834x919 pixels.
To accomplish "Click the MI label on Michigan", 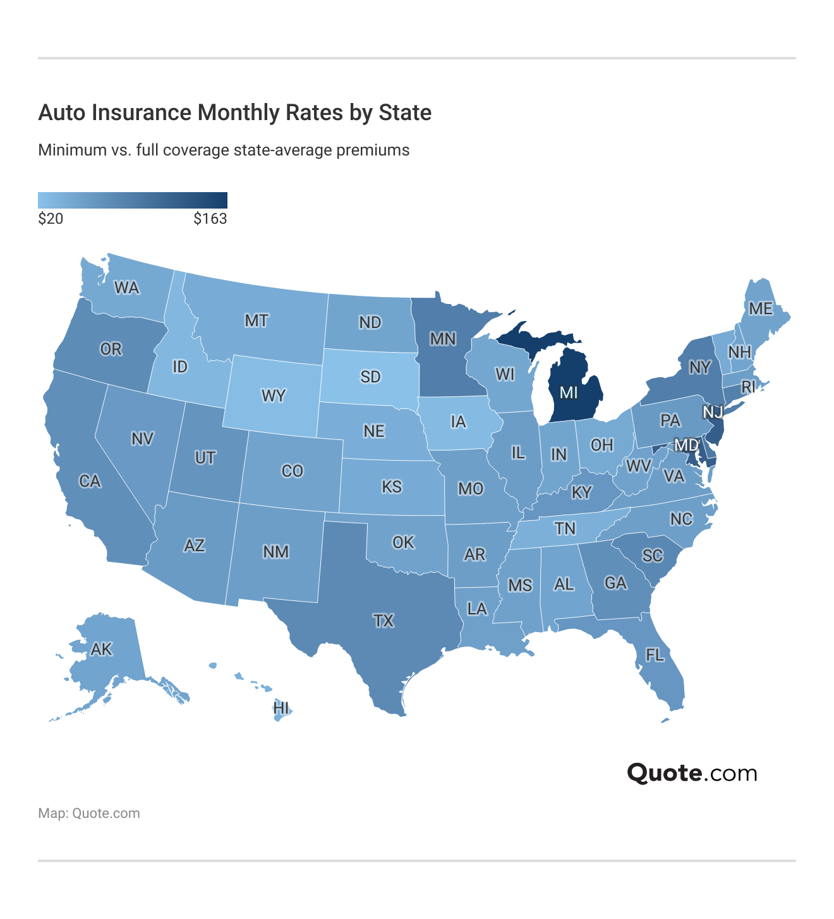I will (569, 393).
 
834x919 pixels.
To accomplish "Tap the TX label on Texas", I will (384, 621).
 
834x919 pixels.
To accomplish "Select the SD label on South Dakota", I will (370, 377).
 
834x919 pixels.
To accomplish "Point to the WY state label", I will (274, 396).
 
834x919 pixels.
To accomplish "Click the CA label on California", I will (90, 482).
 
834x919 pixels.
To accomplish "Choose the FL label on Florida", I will (655, 655).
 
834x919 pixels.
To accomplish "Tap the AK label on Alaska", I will (101, 649).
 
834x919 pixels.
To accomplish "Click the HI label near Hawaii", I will (281, 708).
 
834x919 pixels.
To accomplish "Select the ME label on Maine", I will (760, 308).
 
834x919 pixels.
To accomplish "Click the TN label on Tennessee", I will (565, 528).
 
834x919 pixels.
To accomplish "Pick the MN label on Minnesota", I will (443, 339).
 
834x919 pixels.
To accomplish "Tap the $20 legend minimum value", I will (51, 219).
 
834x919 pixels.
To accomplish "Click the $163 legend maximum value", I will (210, 219).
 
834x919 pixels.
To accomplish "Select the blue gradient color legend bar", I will (132, 200).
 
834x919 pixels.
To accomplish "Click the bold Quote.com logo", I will (692, 773).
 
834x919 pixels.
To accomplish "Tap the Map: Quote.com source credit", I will (89, 813).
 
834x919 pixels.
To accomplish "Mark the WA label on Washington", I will (126, 288).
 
